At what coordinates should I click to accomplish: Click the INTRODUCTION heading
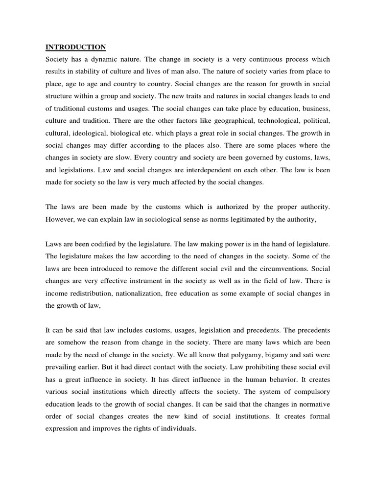(x=75, y=47)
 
